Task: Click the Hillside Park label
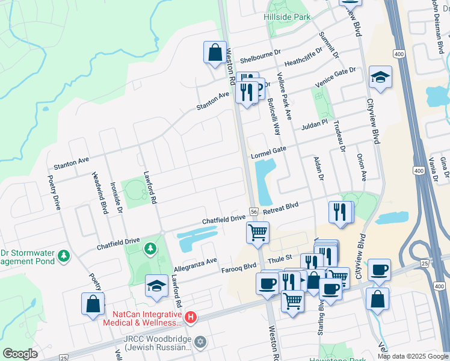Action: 287,17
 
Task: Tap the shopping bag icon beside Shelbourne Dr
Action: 215,52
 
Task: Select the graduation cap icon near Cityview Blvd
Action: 380,77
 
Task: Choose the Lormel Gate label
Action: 268,152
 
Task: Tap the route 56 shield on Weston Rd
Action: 254,211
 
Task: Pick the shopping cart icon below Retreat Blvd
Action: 258,232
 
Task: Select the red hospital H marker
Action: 191,316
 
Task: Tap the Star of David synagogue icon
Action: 200,341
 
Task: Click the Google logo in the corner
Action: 20,354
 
